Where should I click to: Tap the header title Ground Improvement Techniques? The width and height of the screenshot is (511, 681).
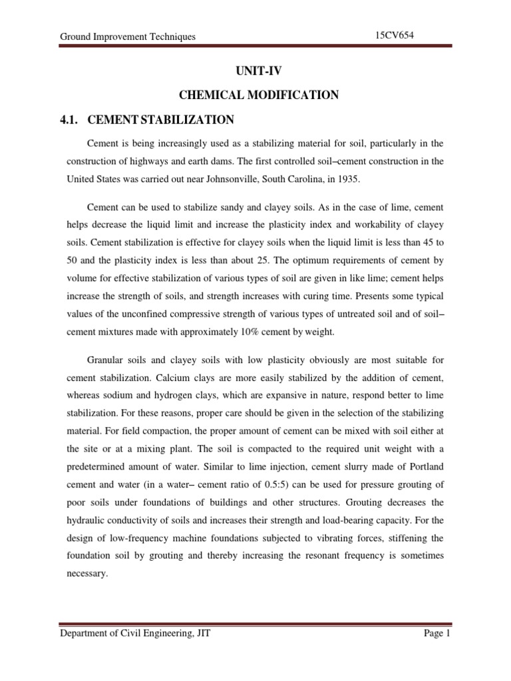(128, 37)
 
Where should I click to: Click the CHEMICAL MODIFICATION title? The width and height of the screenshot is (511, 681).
(256, 95)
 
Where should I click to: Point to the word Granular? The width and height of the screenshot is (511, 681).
(106, 360)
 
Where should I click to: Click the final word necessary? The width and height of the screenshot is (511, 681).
(86, 574)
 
